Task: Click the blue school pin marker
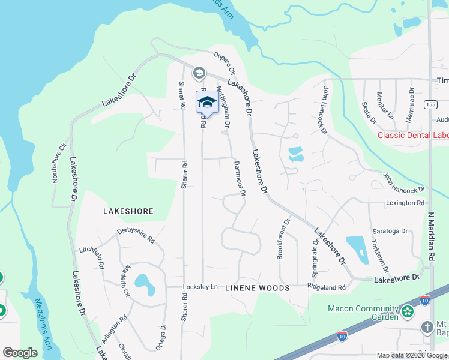[206, 101]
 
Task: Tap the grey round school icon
[199, 73]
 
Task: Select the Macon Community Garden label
[364, 309]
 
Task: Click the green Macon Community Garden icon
[408, 311]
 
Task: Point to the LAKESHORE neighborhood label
[128, 211]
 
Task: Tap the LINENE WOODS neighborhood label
[257, 289]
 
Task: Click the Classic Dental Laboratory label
[413, 135]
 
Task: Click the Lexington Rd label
[405, 203]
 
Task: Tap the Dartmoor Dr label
[239, 178]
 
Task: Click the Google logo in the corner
[20, 353]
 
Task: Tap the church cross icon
[427, 328]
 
